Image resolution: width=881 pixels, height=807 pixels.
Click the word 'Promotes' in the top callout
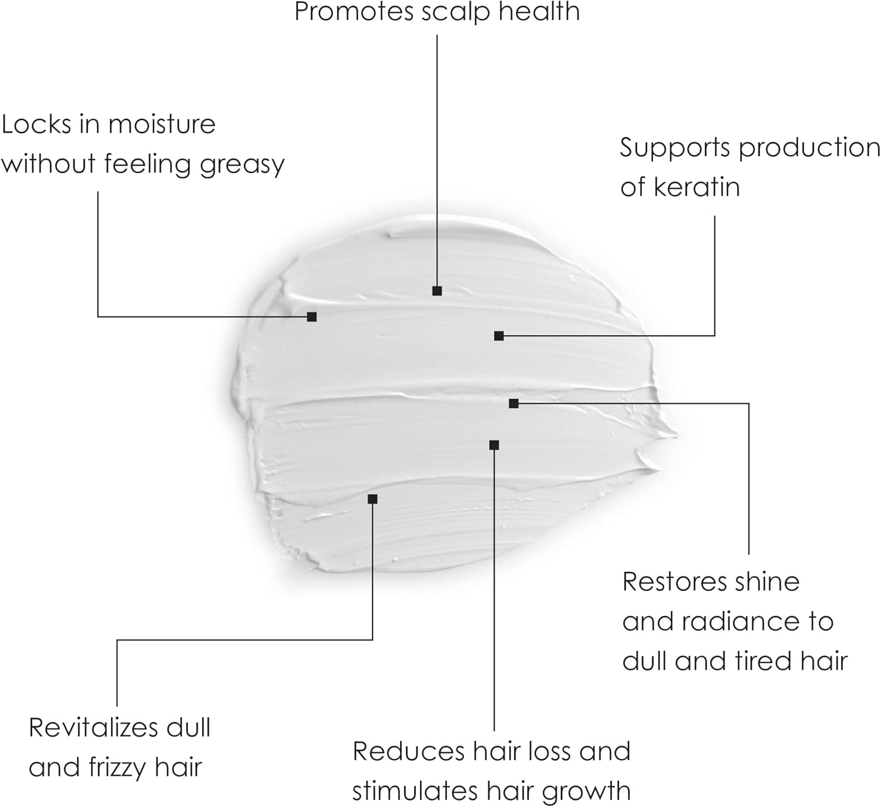(x=354, y=12)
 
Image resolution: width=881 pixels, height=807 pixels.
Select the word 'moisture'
(x=162, y=124)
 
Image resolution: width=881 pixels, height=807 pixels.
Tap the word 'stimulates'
(x=414, y=791)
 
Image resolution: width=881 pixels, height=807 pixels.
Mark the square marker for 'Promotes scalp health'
(x=437, y=291)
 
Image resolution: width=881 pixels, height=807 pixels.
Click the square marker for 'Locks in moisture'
(x=312, y=317)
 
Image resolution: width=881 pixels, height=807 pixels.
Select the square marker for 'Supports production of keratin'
(x=499, y=336)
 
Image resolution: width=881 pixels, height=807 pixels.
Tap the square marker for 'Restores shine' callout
(x=513, y=403)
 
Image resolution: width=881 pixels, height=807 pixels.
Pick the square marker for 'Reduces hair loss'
(x=494, y=445)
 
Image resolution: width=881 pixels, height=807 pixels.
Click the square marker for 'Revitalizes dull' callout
(x=372, y=499)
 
